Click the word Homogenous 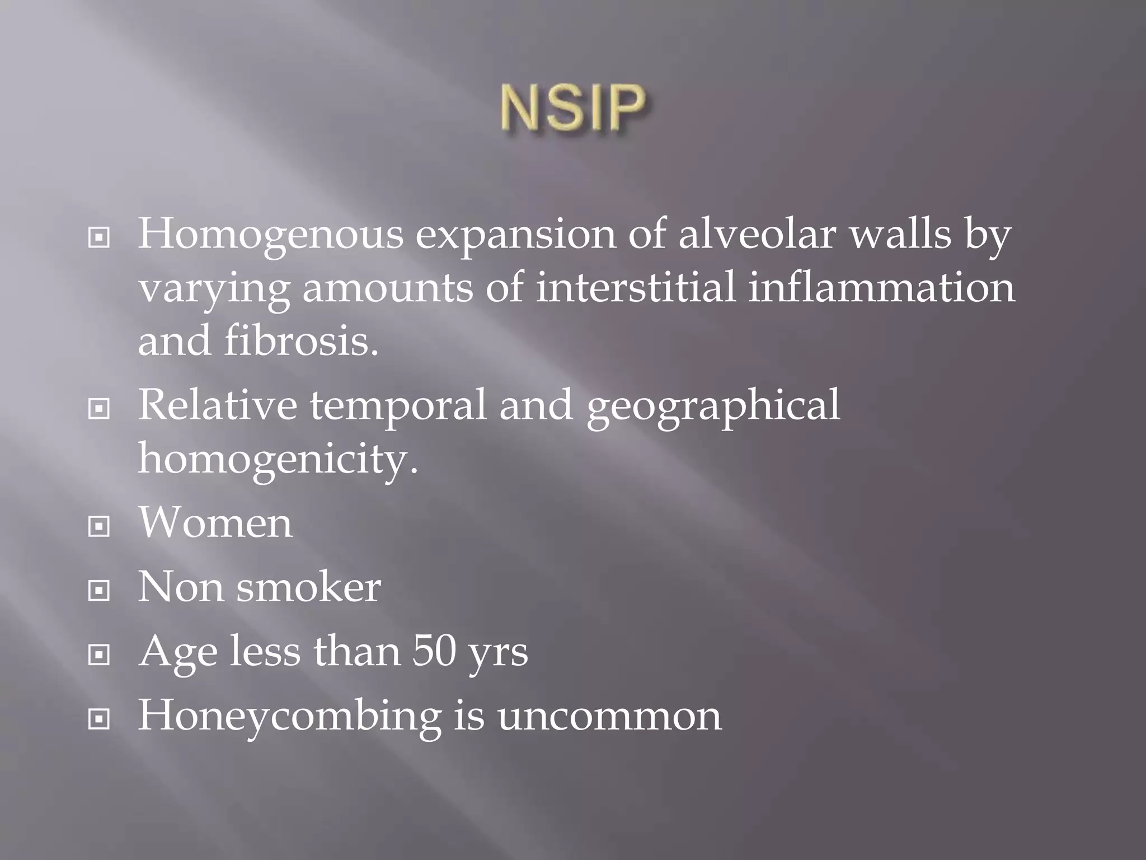coord(270,234)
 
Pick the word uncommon coord(609,717)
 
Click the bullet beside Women coord(99,526)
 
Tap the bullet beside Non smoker coord(99,590)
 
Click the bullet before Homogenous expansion coord(99,239)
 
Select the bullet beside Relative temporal coord(99,409)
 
